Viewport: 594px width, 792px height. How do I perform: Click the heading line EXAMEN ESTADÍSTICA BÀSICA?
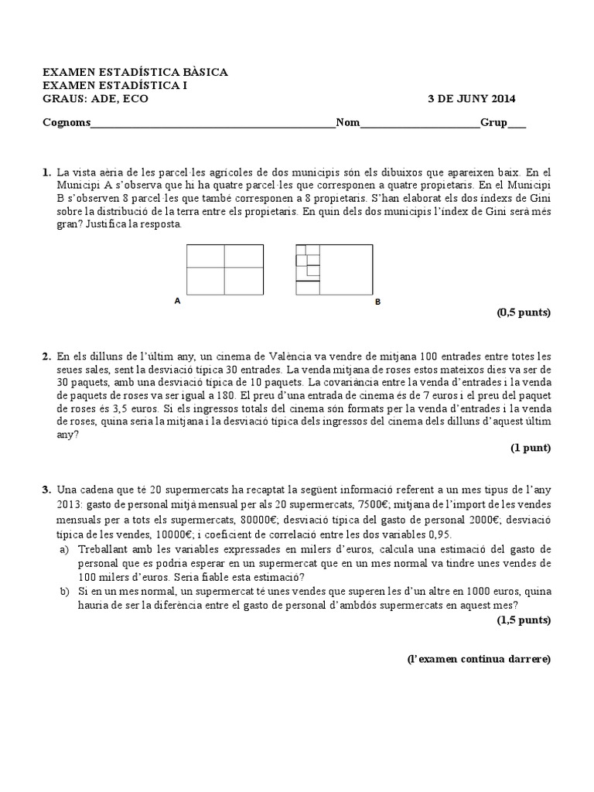(135, 72)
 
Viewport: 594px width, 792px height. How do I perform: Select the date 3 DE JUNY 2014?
(472, 99)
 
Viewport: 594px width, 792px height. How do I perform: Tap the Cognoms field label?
(66, 123)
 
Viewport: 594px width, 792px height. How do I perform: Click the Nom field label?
(347, 123)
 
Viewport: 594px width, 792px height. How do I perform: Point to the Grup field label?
(494, 123)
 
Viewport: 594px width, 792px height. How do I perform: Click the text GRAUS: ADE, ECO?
(95, 99)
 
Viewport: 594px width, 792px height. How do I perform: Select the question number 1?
(46, 172)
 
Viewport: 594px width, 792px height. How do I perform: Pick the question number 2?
(46, 357)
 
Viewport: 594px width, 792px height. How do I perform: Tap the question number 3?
(46, 490)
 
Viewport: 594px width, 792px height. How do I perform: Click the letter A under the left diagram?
(177, 302)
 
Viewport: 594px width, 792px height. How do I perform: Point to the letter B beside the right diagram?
(378, 302)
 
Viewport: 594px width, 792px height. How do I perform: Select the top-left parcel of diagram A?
(206, 256)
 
